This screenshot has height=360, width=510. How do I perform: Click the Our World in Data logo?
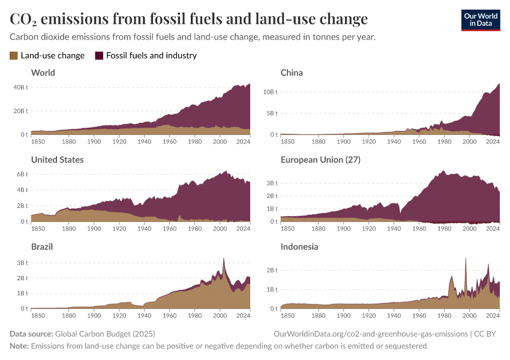tap(480, 20)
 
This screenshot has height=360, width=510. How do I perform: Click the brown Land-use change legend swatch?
tap(14, 56)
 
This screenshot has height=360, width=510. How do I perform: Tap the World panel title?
tap(43, 73)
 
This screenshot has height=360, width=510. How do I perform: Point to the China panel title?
tap(292, 73)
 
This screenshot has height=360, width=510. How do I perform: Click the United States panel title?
tap(57, 160)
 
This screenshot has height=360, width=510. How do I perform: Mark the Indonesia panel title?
tap(299, 247)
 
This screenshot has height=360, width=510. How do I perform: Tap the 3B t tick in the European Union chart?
tap(271, 182)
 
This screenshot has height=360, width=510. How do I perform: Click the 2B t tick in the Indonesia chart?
tap(271, 270)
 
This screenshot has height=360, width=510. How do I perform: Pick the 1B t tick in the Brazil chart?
tap(21, 293)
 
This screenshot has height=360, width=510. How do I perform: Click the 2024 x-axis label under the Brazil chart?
tap(243, 316)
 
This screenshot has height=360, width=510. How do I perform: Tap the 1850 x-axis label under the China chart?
tap(287, 142)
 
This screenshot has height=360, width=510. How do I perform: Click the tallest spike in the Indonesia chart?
tap(466, 259)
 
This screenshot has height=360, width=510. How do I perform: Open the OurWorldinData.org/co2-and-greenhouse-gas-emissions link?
tap(370, 334)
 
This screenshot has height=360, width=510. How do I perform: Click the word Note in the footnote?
tap(19, 346)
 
